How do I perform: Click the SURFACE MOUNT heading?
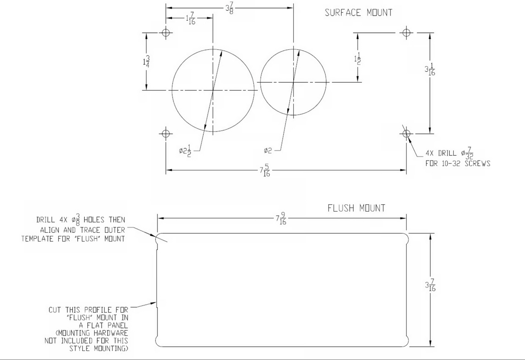359,13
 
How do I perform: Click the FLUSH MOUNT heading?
356,208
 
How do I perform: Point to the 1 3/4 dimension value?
147,61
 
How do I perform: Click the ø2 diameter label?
268,151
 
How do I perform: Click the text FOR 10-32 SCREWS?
458,164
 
